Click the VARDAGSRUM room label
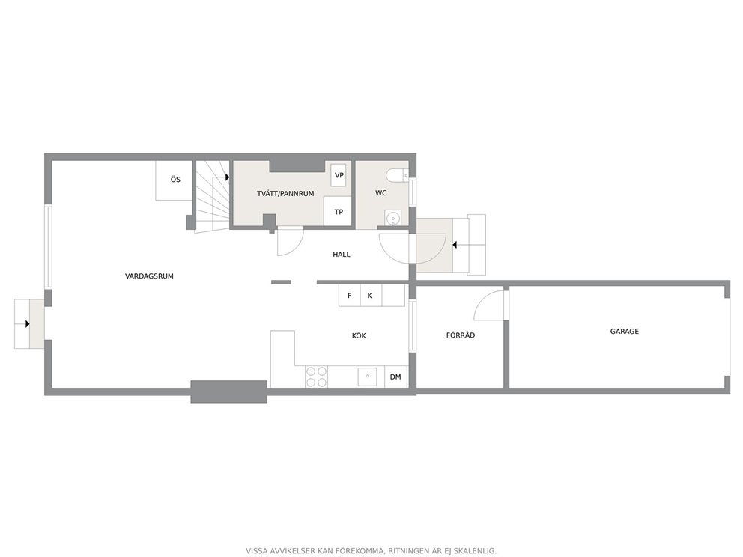149,276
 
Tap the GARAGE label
624,332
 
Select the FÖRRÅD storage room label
460,335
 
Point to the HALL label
342,255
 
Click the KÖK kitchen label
359,336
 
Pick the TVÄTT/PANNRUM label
285,194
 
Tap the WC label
380,192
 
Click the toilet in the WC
397,176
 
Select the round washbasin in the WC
392,219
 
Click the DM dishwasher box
395,377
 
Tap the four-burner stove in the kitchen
317,377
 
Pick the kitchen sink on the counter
367,377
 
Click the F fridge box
349,296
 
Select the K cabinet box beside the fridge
371,296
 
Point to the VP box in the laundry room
339,175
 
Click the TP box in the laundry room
338,211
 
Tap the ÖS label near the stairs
175,180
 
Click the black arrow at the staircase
228,177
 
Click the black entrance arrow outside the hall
455,245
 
